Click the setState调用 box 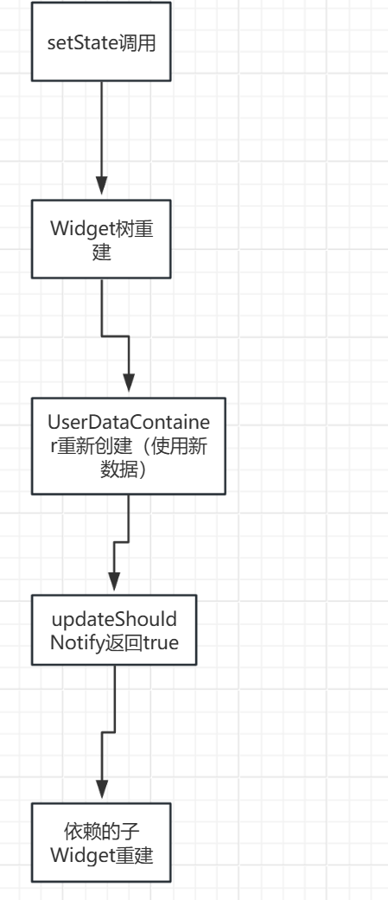101,41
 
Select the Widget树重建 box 101,239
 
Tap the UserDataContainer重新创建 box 129,445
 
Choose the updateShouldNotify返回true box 114,631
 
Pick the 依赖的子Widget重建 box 101,843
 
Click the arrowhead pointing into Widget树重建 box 101,188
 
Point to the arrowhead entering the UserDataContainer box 129,383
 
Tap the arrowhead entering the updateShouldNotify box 114,582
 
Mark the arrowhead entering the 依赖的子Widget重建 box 102,788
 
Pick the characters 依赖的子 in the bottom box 101,832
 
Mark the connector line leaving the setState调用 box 101,130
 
